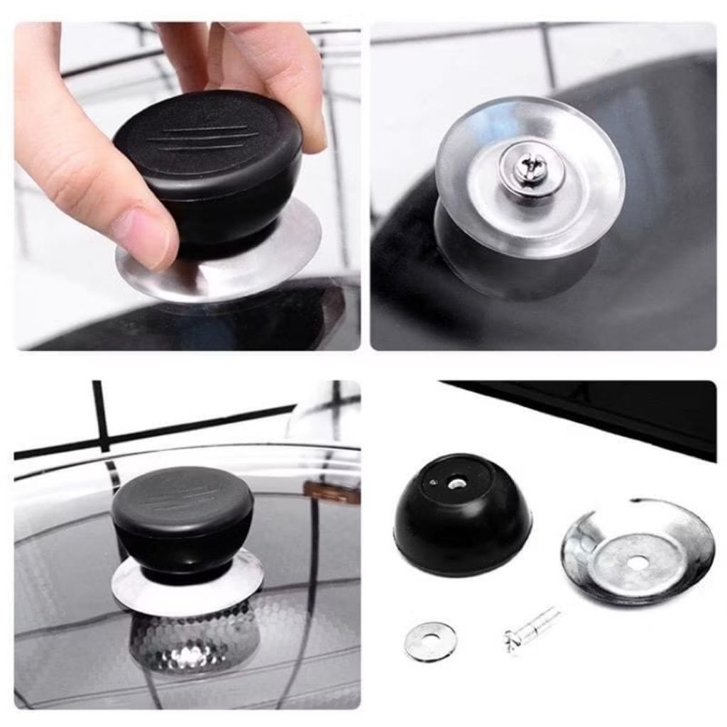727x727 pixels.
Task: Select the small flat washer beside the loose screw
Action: click(x=430, y=640)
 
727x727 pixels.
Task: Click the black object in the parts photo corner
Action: click(x=603, y=412)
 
